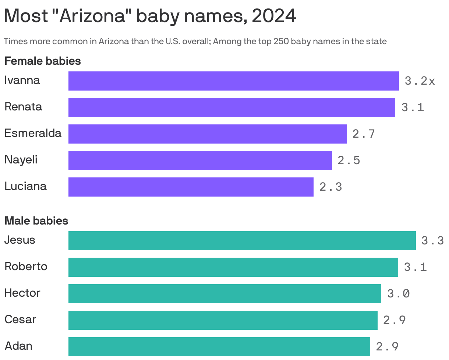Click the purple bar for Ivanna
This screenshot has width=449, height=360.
(x=233, y=81)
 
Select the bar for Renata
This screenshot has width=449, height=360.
(x=231, y=107)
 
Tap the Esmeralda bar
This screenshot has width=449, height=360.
(x=207, y=134)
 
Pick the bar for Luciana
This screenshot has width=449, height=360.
(x=191, y=187)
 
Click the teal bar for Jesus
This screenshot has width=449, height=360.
(x=242, y=241)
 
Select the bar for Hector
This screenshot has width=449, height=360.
(x=224, y=294)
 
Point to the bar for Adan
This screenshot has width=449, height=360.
(x=219, y=347)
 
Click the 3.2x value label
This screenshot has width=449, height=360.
(x=420, y=81)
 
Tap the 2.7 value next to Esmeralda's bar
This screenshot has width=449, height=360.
(x=364, y=134)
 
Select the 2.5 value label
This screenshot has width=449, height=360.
(x=349, y=160)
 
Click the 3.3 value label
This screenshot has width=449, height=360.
(x=432, y=241)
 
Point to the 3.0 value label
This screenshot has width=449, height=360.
(x=398, y=294)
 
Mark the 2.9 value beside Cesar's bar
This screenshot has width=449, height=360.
(x=395, y=320)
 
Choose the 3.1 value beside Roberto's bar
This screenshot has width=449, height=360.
(x=415, y=267)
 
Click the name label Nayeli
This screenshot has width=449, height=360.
(x=21, y=160)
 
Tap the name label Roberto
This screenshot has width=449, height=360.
(x=26, y=267)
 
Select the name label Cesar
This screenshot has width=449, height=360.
(x=20, y=320)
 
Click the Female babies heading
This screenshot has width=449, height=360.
(x=43, y=61)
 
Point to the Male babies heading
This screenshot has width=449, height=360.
(x=36, y=221)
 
